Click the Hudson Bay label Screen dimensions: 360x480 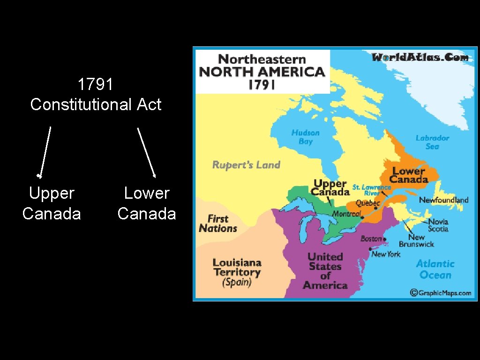pyautogui.click(x=305, y=137)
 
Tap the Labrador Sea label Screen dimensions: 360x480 pyautogui.click(x=432, y=142)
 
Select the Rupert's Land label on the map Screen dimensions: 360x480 pyautogui.click(x=246, y=165)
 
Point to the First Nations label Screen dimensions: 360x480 pyautogui.click(x=218, y=224)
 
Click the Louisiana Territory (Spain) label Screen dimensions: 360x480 pyautogui.click(x=237, y=272)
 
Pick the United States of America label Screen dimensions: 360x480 pyautogui.click(x=325, y=271)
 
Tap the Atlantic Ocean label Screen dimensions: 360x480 pyautogui.click(x=435, y=270)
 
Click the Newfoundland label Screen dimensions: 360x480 pyautogui.click(x=443, y=200)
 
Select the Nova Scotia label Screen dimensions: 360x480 pyautogui.click(x=438, y=225)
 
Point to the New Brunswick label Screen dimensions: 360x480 pyautogui.click(x=416, y=240)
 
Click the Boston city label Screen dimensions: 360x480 pyautogui.click(x=371, y=239)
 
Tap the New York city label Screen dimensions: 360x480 pyautogui.click(x=386, y=254)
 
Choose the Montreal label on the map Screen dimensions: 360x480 pyautogui.click(x=346, y=214)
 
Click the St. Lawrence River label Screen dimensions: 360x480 pyautogui.click(x=372, y=190)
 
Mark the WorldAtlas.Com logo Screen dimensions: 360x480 pyautogui.click(x=420, y=57)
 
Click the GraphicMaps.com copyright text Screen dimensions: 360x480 pyautogui.click(x=441, y=292)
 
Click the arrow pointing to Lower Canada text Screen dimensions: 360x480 pyautogui.click(x=146, y=152)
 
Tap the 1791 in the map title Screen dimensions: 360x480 pyautogui.click(x=262, y=85)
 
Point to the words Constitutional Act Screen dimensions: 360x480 pyautogui.click(x=96, y=104)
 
